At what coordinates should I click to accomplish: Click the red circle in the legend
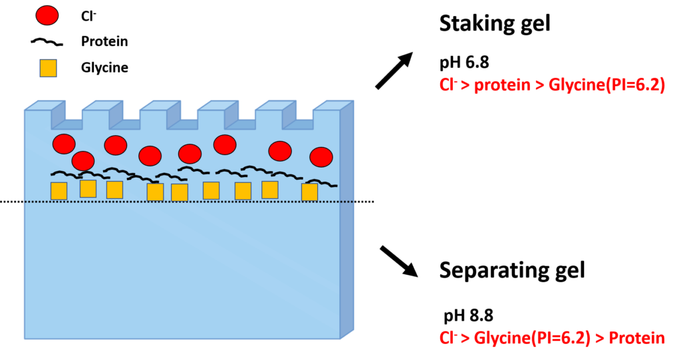(x=47, y=16)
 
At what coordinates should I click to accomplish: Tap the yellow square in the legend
(x=48, y=69)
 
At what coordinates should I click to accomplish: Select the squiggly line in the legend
(x=47, y=42)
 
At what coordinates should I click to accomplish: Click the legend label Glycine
(x=104, y=68)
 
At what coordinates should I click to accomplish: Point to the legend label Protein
(x=104, y=41)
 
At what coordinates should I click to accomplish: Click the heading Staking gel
(x=495, y=24)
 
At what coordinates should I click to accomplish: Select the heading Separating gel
(x=512, y=270)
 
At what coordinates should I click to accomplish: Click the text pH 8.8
(x=468, y=315)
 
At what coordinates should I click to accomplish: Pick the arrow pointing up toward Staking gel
(x=394, y=71)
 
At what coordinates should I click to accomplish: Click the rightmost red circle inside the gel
(x=321, y=157)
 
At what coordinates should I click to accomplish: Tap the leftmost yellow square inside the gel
(x=59, y=191)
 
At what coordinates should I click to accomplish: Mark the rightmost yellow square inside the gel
(x=310, y=192)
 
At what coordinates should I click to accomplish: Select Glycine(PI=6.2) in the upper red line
(x=607, y=85)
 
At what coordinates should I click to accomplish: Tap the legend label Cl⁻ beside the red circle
(x=88, y=16)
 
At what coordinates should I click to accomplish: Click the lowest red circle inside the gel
(x=83, y=161)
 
